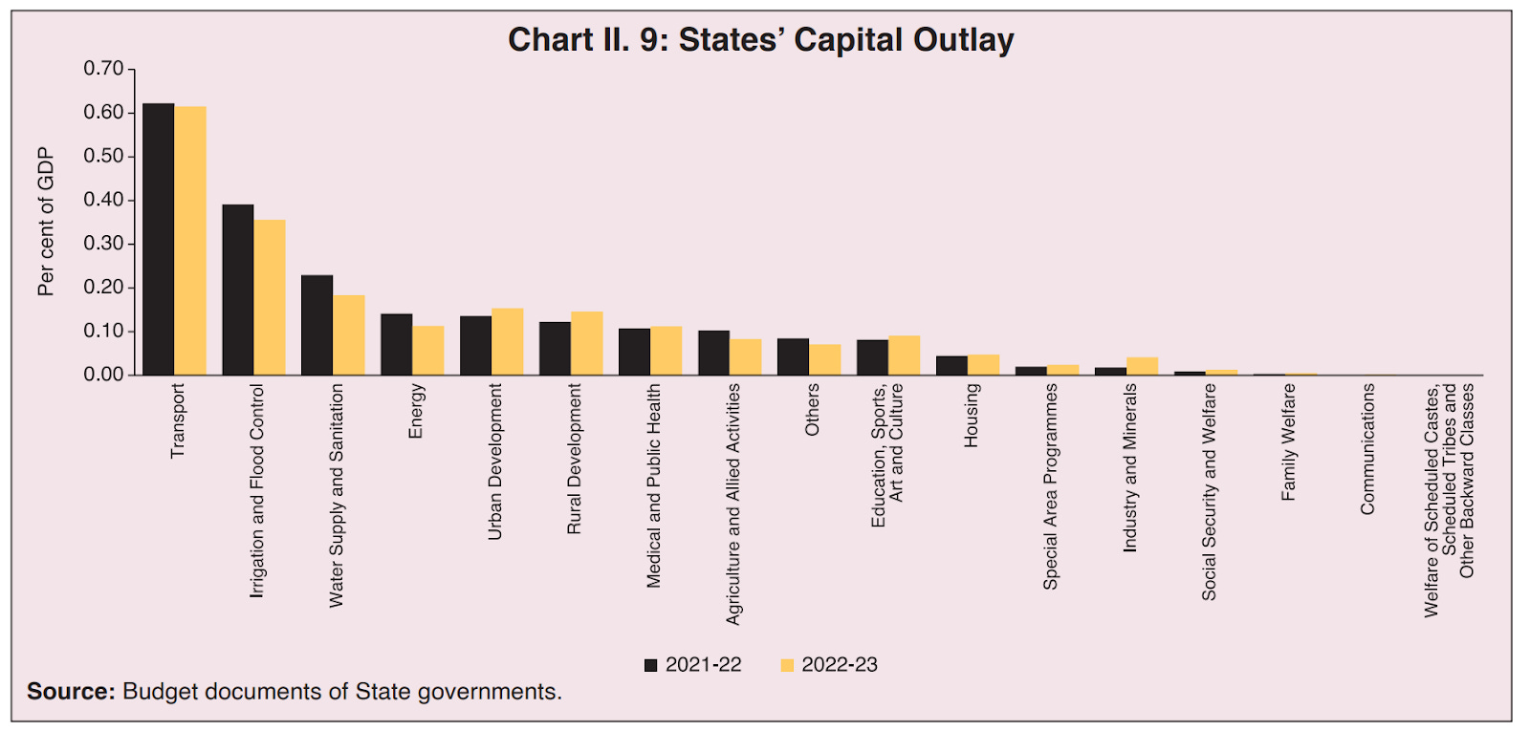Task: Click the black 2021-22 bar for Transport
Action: [x=158, y=239]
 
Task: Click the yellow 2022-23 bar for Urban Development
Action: [x=508, y=341]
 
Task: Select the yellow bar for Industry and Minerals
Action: [x=1143, y=366]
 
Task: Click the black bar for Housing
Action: [x=951, y=365]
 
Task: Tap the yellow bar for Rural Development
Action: [x=587, y=343]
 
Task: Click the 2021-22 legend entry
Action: [x=693, y=665]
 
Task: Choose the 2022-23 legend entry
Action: [x=829, y=665]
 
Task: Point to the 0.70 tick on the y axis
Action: [x=103, y=69]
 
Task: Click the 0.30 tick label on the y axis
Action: [x=103, y=244]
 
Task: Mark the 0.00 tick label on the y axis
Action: [x=103, y=375]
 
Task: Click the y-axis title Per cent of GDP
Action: [x=46, y=222]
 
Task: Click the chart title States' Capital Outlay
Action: [x=760, y=40]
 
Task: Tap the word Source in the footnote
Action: [x=70, y=691]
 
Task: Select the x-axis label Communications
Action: [x=1367, y=449]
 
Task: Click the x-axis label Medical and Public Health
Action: [x=654, y=485]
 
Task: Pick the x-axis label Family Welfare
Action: [x=1288, y=441]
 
